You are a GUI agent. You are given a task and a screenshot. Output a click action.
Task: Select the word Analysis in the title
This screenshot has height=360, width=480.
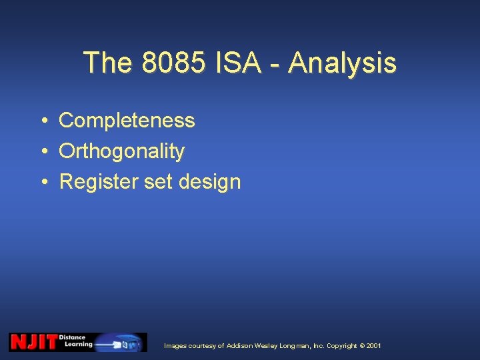(343, 63)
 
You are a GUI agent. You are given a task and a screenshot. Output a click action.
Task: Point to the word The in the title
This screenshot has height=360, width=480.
(108, 63)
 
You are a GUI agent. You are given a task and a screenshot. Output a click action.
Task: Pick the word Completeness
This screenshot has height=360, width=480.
(127, 121)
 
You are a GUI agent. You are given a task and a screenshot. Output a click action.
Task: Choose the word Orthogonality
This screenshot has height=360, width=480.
(121, 151)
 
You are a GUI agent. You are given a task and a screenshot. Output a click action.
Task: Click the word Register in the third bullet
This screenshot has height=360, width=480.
(99, 182)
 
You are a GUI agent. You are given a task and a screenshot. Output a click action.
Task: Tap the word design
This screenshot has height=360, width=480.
(210, 182)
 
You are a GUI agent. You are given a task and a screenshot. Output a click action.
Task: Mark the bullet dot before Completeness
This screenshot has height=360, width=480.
(42, 121)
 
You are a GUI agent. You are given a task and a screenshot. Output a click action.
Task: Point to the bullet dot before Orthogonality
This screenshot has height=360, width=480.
(42, 151)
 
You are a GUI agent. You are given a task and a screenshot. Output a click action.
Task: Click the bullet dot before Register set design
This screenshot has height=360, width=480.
(42, 182)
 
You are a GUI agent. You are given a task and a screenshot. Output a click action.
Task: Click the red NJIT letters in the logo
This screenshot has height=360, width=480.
(33, 342)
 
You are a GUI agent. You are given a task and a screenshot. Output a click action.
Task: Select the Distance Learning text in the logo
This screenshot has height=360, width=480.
(76, 341)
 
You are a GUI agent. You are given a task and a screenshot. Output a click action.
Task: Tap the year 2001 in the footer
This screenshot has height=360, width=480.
(374, 346)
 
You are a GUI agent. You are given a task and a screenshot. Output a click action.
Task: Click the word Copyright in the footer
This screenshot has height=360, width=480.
(342, 346)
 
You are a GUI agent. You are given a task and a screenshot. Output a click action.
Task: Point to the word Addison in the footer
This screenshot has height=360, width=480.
(241, 346)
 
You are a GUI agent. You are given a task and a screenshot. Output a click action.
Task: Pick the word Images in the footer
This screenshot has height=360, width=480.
(175, 346)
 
